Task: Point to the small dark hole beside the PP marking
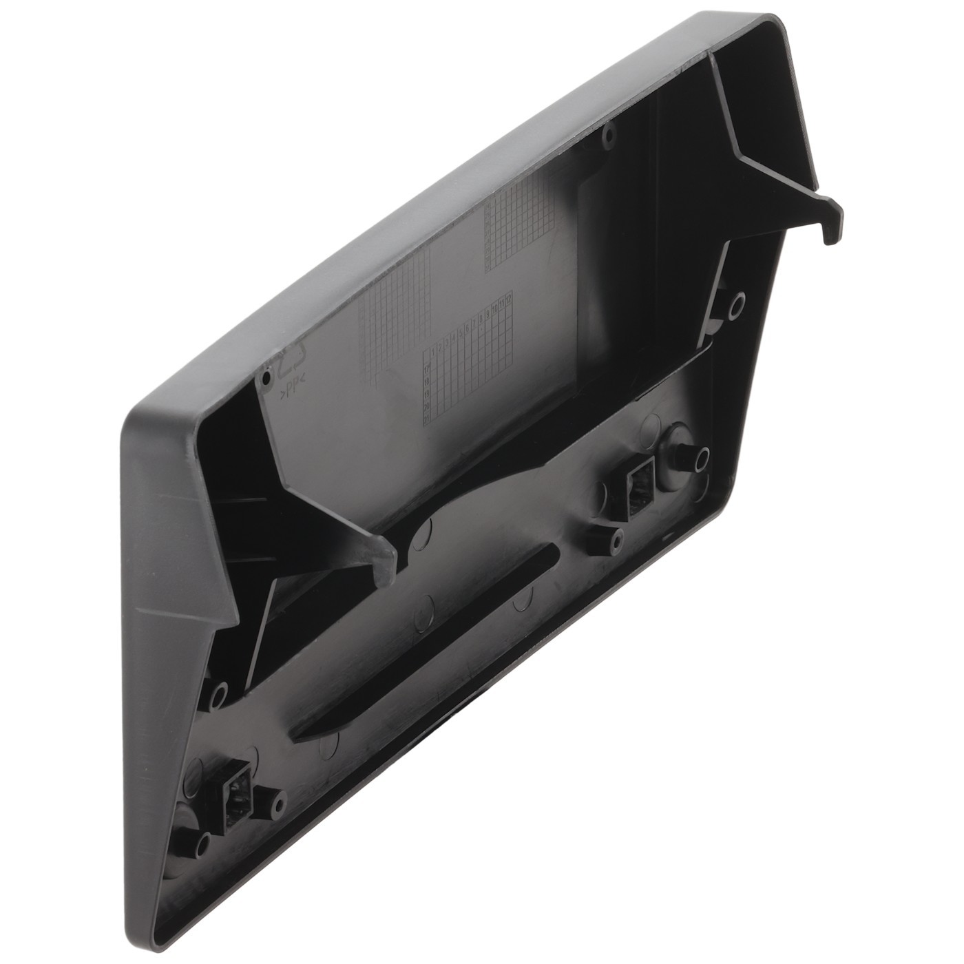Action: point(266,379)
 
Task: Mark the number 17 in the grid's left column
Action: point(426,369)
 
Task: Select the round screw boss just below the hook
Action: point(736,302)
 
